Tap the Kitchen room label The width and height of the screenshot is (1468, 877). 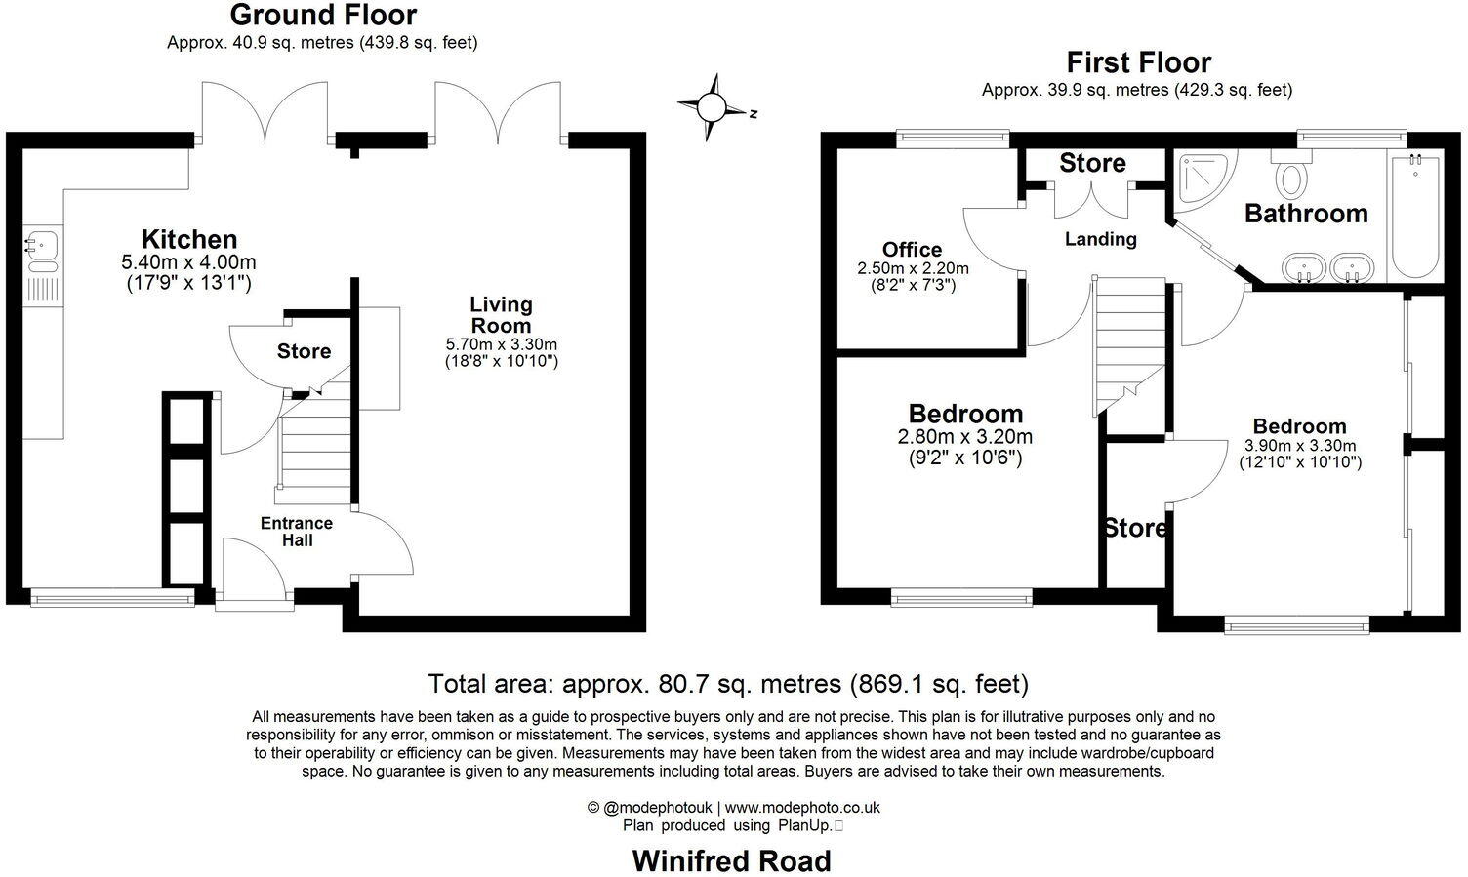(189, 240)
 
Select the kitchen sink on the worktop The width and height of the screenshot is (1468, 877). (42, 245)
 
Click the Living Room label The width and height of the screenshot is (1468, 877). (501, 315)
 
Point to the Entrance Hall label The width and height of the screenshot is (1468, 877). (297, 532)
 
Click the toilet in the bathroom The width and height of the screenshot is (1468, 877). (1292, 179)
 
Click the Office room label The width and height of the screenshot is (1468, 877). (912, 250)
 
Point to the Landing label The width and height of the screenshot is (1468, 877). (1100, 239)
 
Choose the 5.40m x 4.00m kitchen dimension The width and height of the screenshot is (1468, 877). (189, 262)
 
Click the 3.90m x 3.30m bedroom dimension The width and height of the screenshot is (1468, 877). (1300, 446)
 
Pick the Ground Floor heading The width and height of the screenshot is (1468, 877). (322, 16)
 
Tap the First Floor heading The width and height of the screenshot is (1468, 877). (1138, 62)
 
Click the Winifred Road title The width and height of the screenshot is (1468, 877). (732, 860)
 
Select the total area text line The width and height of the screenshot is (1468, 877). (728, 683)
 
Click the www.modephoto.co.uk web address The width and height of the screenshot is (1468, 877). (802, 807)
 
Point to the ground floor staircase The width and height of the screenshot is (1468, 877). (315, 444)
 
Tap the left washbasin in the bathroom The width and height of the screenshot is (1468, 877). (1305, 266)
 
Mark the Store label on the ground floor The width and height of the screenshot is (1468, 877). (304, 351)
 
